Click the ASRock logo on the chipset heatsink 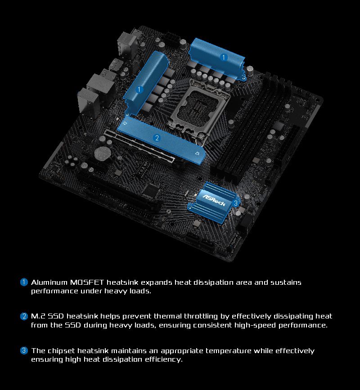[214, 200]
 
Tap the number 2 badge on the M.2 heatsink [157, 138]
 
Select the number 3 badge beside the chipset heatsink [236, 203]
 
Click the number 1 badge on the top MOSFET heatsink [223, 58]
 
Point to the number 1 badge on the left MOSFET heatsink [139, 90]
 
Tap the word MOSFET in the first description [87, 282]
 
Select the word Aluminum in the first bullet [49, 282]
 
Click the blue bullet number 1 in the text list [24, 282]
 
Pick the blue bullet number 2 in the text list [24, 316]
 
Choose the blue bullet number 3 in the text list [24, 350]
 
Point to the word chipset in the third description [61, 351]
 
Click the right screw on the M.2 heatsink [197, 153]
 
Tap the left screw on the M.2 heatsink [126, 123]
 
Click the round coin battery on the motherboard [103, 153]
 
